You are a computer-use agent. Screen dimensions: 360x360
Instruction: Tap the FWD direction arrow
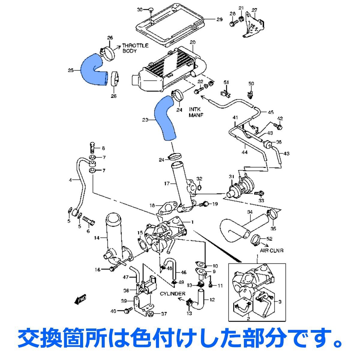[x=80, y=299]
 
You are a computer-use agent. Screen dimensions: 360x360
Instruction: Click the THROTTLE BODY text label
[x=135, y=48]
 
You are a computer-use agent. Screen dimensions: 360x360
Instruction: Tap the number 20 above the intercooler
[x=192, y=42]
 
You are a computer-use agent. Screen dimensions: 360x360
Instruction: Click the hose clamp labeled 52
[x=254, y=239]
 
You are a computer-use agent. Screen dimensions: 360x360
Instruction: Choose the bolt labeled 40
[x=129, y=310]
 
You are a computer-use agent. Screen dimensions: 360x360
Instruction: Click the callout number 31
[x=231, y=176]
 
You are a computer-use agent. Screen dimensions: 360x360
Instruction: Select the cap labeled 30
[x=151, y=10]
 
